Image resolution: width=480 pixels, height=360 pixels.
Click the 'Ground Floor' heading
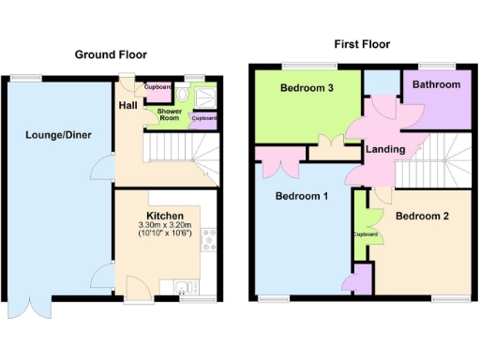pos(112,54)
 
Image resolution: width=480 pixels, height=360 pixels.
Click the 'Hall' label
pos(127,106)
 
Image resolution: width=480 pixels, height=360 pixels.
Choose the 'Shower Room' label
pos(169,114)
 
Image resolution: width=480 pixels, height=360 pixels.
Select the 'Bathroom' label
pos(437,85)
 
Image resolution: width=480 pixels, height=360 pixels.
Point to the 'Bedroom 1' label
pos(300,196)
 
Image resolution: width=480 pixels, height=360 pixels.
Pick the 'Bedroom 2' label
pos(422,216)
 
